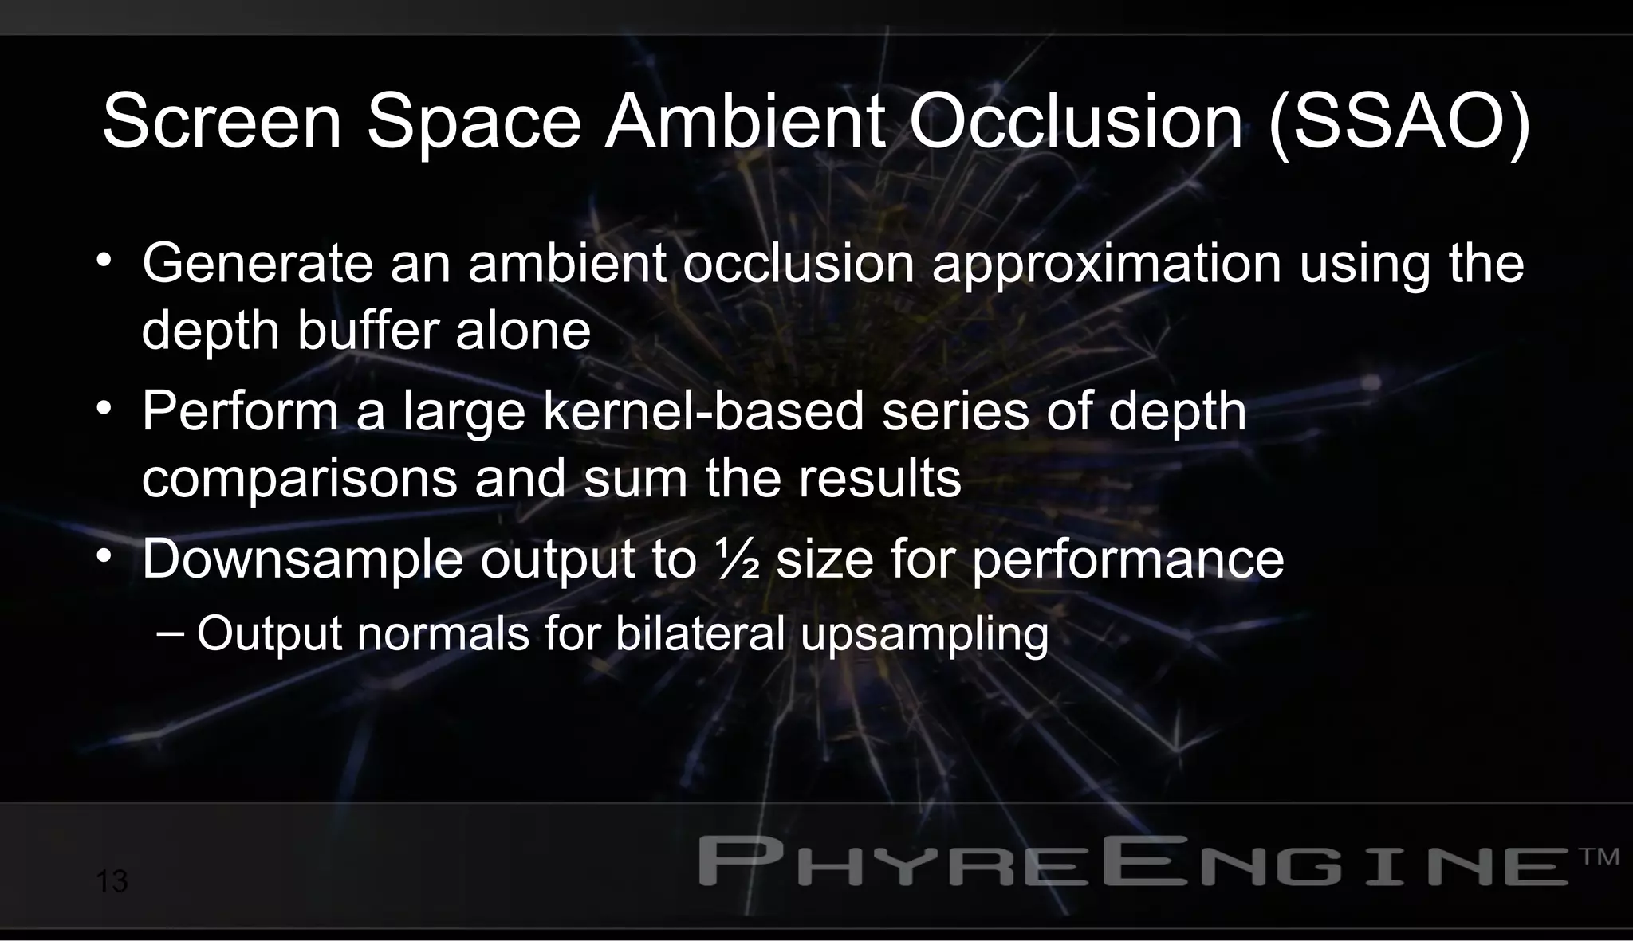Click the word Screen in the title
tap(222, 122)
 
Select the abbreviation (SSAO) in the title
tap(1399, 122)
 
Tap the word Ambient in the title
tap(745, 122)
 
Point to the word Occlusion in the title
tap(1076, 122)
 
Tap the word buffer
tap(368, 330)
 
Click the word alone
tap(523, 330)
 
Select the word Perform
tap(240, 412)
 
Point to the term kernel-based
tap(704, 412)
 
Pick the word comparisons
tap(300, 480)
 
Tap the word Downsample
tap(302, 559)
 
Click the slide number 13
tap(112, 882)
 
